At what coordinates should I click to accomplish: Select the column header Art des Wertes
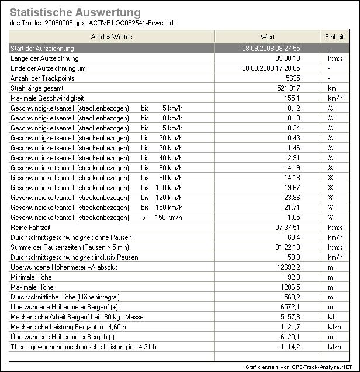coord(112,37)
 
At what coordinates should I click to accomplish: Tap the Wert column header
coord(268,37)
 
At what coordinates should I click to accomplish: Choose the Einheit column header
coord(334,37)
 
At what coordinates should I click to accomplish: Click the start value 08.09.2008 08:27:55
coord(271,49)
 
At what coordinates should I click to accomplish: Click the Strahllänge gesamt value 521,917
coord(287,88)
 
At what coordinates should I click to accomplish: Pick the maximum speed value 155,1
coord(291,98)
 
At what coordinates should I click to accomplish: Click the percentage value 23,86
coord(290,197)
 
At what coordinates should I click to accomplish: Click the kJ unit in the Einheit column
coord(330,317)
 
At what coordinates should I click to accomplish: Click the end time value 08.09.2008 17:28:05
coord(271,68)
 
